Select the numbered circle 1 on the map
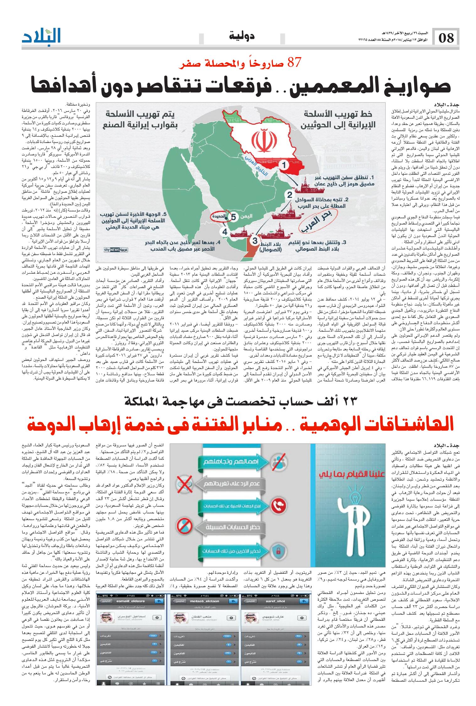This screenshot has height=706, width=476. coord(284,165)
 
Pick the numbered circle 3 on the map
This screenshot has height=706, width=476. coord(255,241)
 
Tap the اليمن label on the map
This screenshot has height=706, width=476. coord(246,216)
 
